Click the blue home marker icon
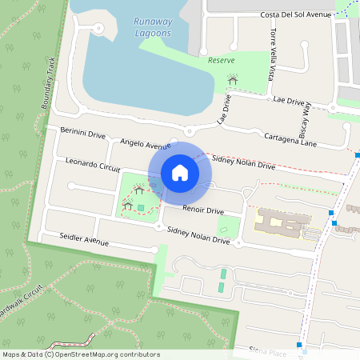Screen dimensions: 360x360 point(180,173)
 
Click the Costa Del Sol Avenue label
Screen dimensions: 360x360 point(295,15)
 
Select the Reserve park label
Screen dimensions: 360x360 point(221,61)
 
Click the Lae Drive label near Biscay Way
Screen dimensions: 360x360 point(289,101)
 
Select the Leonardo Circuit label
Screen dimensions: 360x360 point(93,165)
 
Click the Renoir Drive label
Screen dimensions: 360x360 point(203,210)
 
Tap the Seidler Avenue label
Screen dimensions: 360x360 point(84,239)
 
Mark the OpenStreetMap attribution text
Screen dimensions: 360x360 point(80,354)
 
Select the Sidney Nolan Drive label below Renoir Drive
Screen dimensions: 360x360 point(198,234)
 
